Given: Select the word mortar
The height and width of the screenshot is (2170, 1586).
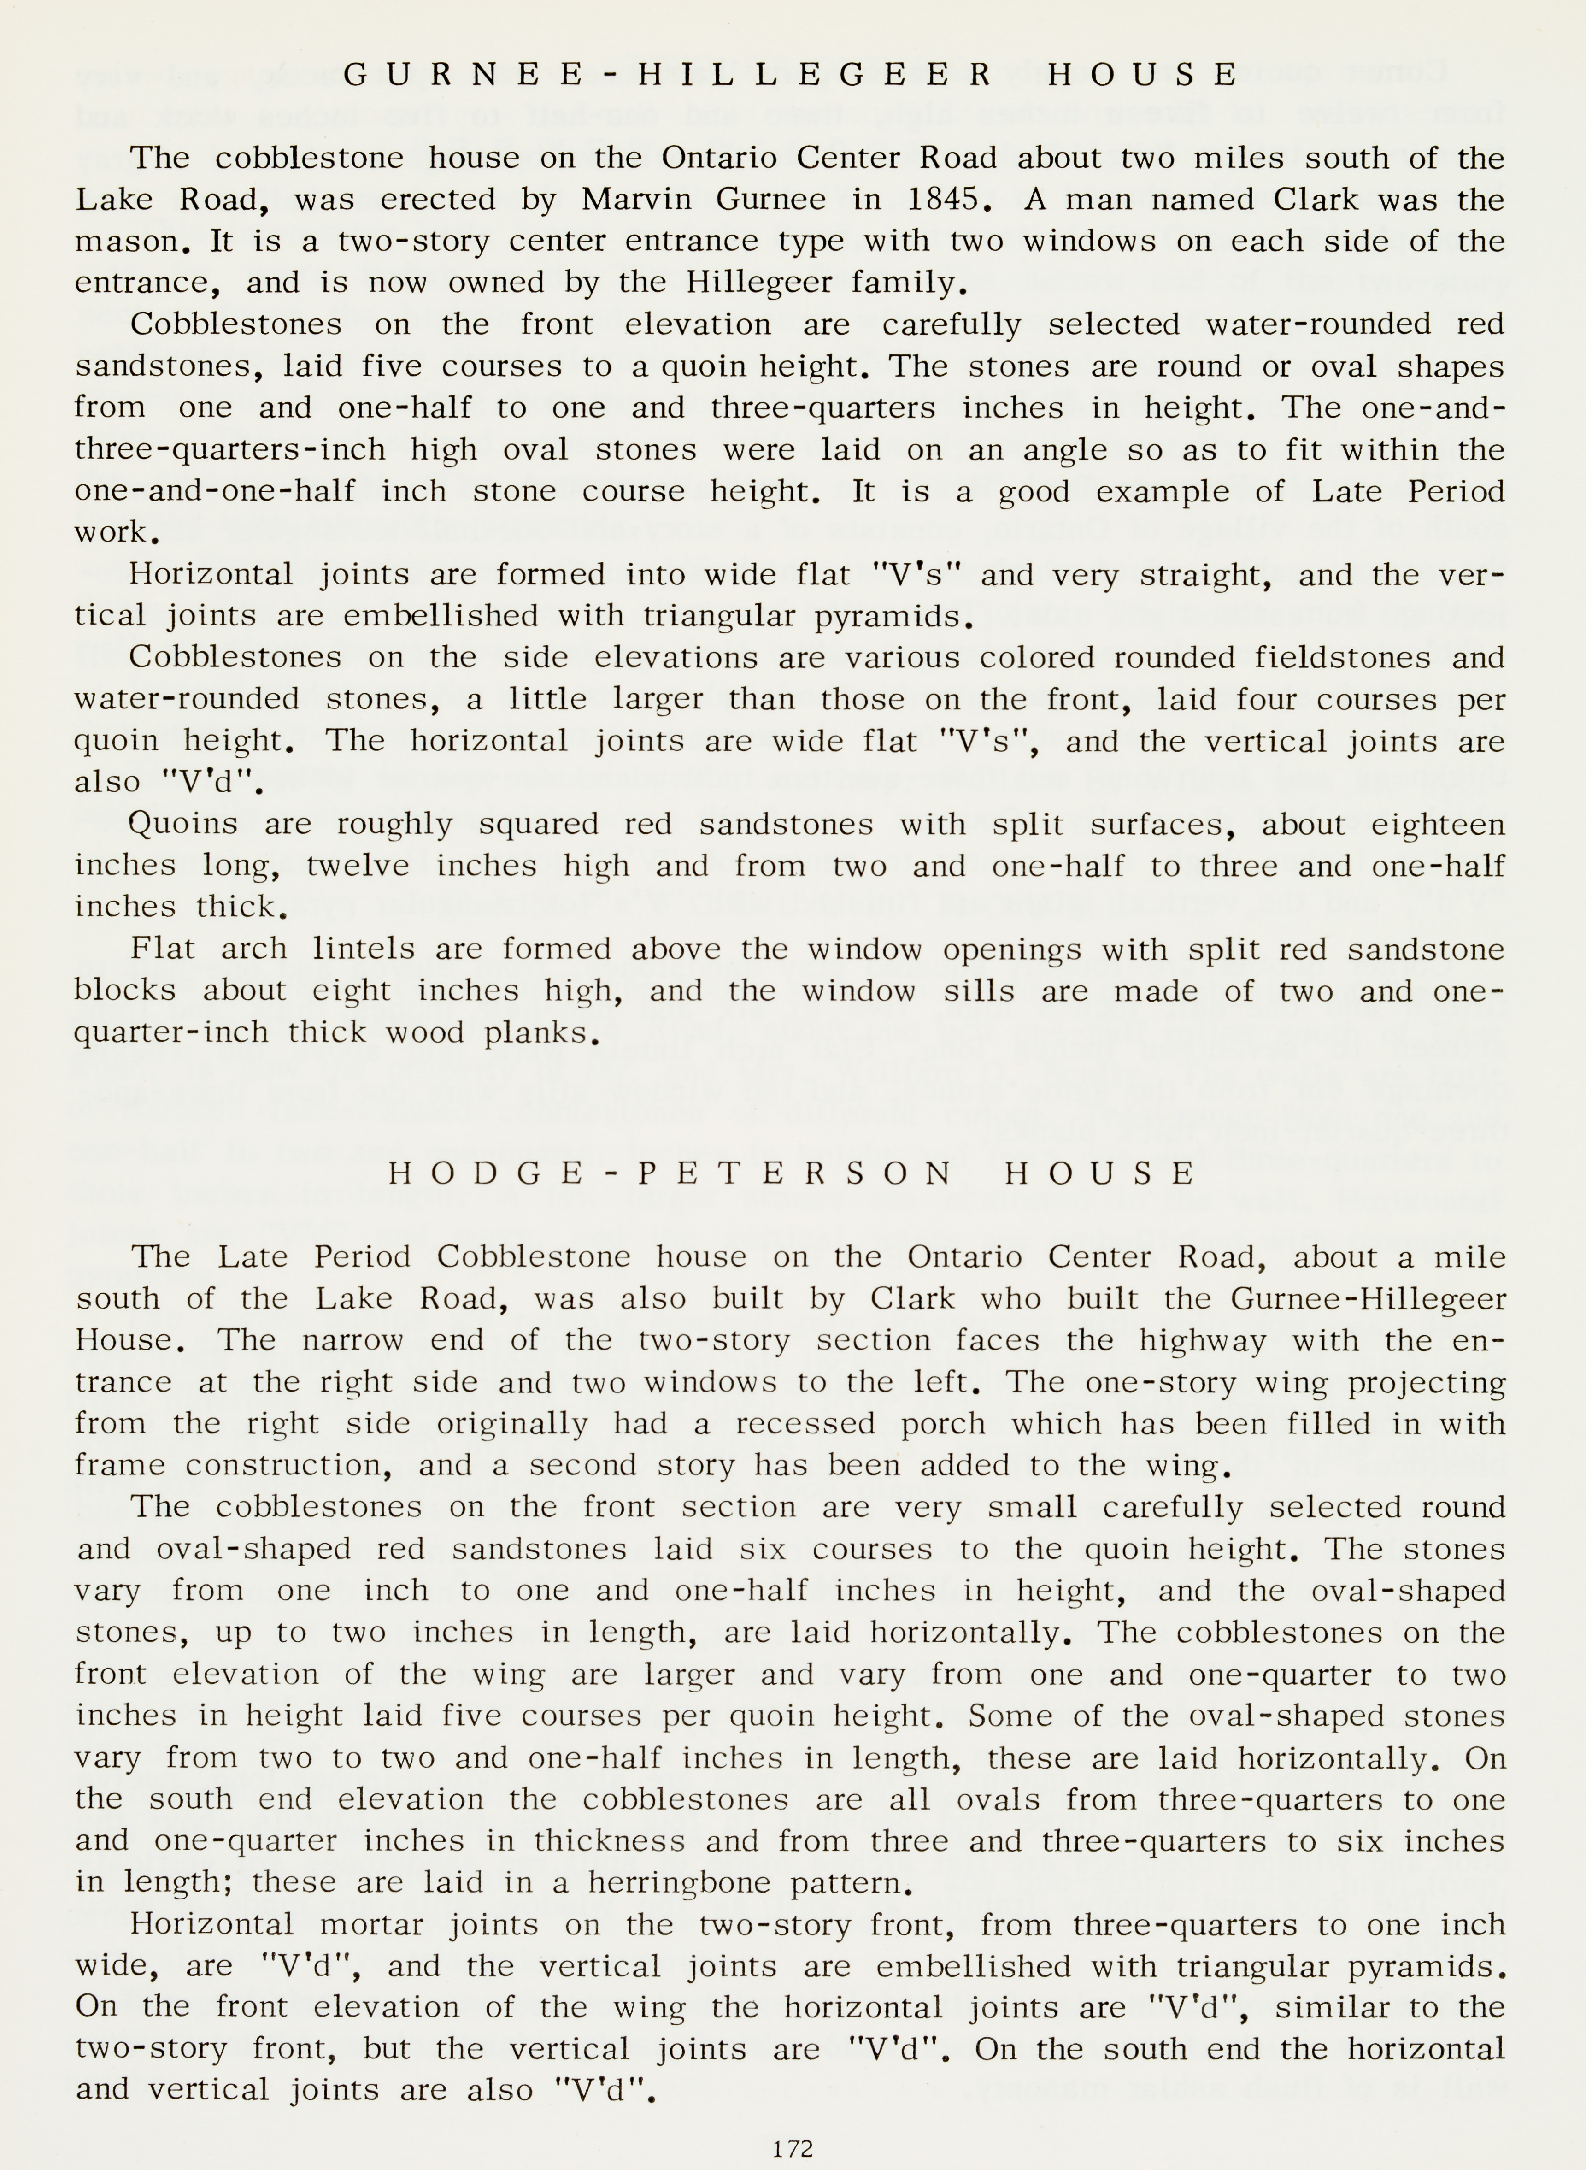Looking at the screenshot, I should pyautogui.click(x=370, y=1924).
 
